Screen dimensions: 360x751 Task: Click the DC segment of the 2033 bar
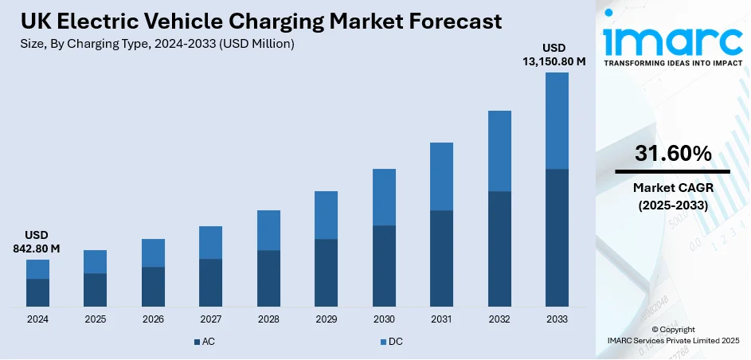tap(557, 121)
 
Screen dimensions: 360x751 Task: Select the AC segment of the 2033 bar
tap(557, 237)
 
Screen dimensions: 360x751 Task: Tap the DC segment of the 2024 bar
tap(37, 269)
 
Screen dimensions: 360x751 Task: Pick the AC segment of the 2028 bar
tap(268, 278)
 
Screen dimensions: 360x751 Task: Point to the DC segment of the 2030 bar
tap(384, 197)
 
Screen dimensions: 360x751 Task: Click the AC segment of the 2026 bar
tap(153, 286)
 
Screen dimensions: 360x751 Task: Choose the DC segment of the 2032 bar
tap(499, 151)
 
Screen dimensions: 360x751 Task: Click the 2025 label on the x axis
tap(95, 319)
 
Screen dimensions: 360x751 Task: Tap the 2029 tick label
tap(326, 319)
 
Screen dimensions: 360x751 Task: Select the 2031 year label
tap(441, 319)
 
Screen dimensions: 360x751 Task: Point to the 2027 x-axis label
tap(210, 319)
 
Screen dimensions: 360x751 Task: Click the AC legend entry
tap(205, 342)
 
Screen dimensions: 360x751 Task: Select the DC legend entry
tap(394, 342)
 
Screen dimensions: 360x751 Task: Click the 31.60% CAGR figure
tap(673, 155)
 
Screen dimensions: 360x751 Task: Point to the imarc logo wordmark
tap(673, 40)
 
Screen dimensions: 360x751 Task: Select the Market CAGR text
tap(673, 189)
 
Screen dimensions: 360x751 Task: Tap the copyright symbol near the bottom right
tap(655, 330)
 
